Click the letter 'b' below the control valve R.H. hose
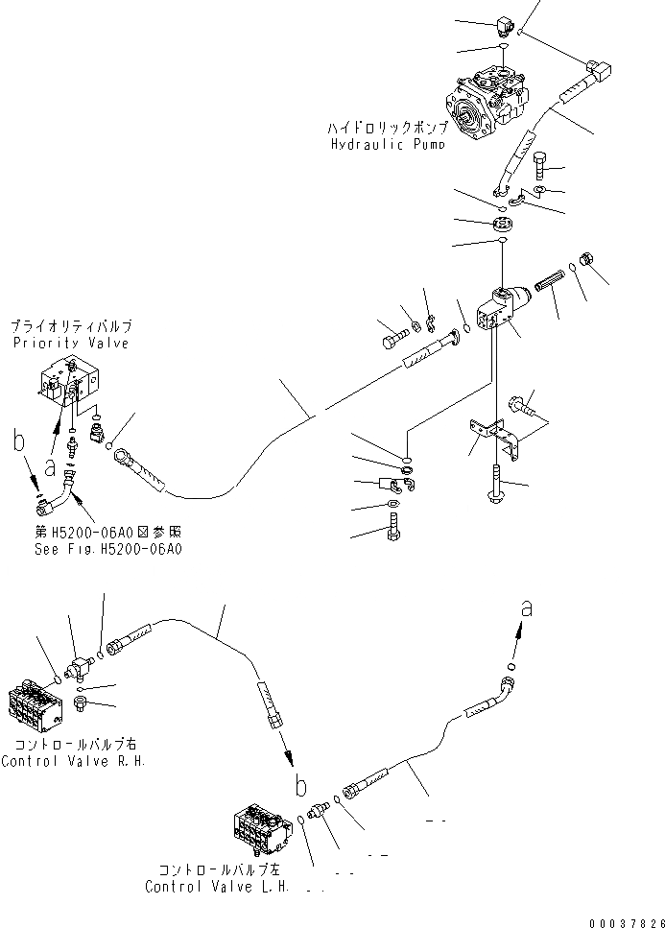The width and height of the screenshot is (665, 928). (x=301, y=784)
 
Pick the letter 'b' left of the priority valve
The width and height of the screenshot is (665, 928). (x=17, y=442)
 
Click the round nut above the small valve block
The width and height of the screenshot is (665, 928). (x=501, y=226)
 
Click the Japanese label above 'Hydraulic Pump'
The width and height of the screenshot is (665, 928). (x=387, y=127)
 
